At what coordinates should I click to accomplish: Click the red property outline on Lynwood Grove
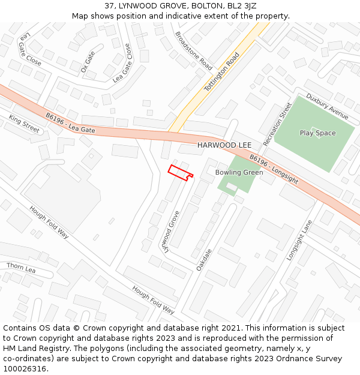[x=180, y=172]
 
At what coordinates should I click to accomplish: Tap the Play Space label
[x=317, y=133]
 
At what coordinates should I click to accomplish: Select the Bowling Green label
[x=239, y=173]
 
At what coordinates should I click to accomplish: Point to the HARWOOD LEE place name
[x=224, y=145]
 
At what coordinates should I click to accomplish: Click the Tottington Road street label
[x=222, y=71]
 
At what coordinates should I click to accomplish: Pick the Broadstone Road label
[x=193, y=49]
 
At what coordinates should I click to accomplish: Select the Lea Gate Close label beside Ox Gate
[x=122, y=62]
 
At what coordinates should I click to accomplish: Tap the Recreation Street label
[x=277, y=124]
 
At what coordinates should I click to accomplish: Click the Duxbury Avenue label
[x=327, y=106]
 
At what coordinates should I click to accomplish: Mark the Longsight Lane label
[x=299, y=240]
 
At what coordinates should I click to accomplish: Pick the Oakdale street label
[x=204, y=259]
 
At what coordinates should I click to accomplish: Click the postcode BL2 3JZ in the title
[x=242, y=5]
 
